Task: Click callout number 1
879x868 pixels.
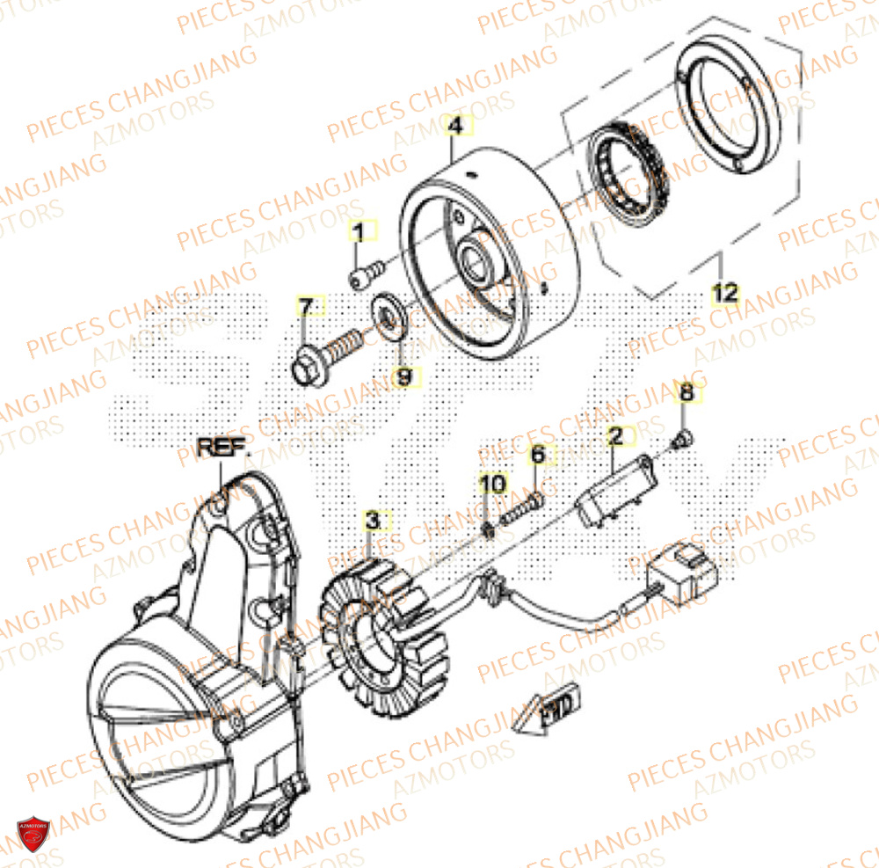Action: (x=358, y=233)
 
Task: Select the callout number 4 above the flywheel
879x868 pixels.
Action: (x=454, y=128)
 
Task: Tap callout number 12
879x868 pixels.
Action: (x=725, y=293)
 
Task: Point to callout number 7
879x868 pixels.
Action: (x=305, y=308)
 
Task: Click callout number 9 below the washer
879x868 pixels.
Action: (x=403, y=377)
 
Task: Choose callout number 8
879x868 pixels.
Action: (x=687, y=394)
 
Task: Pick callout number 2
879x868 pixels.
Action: (x=615, y=434)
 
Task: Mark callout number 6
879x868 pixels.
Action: (x=537, y=456)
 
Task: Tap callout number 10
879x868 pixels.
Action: (x=492, y=483)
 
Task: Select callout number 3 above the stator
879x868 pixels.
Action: (x=373, y=521)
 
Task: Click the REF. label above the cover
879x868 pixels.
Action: (x=223, y=446)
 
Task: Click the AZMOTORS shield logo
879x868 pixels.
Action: (x=34, y=834)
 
